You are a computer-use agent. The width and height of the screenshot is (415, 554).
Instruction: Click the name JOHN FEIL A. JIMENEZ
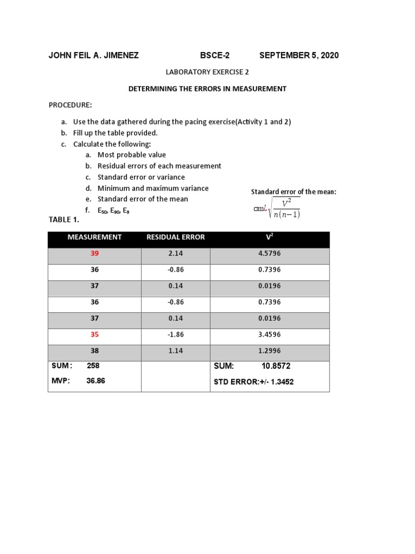(x=93, y=56)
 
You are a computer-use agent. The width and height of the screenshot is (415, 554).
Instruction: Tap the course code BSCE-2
(x=215, y=56)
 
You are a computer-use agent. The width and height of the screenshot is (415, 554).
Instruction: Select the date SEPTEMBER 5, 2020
(x=299, y=56)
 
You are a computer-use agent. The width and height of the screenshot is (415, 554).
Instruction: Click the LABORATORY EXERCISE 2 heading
(x=207, y=72)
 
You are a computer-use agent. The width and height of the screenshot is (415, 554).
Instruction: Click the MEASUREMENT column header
(x=95, y=237)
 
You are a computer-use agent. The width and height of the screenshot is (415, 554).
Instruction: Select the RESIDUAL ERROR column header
(x=176, y=237)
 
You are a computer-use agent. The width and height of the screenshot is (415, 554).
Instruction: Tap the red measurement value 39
(x=95, y=253)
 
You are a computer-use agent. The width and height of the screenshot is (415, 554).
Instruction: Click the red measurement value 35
(x=95, y=335)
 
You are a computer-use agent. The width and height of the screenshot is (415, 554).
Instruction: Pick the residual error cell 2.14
(x=176, y=253)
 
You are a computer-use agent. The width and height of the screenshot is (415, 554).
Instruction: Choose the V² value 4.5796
(x=269, y=253)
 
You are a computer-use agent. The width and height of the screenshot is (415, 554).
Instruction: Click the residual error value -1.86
(x=176, y=335)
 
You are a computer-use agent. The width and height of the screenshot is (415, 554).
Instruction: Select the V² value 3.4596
(x=269, y=335)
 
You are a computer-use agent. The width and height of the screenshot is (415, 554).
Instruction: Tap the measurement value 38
(x=95, y=351)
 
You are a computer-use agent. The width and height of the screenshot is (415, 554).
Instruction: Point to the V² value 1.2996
(x=269, y=351)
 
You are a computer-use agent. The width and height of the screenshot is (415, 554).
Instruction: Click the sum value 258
(x=93, y=366)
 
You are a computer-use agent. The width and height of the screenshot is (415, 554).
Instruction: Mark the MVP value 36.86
(x=96, y=381)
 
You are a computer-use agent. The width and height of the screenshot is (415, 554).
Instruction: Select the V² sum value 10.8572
(x=276, y=366)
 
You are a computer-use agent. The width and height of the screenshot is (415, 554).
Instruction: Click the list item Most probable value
(x=131, y=155)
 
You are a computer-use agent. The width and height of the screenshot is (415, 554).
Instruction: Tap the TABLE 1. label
(x=64, y=220)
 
